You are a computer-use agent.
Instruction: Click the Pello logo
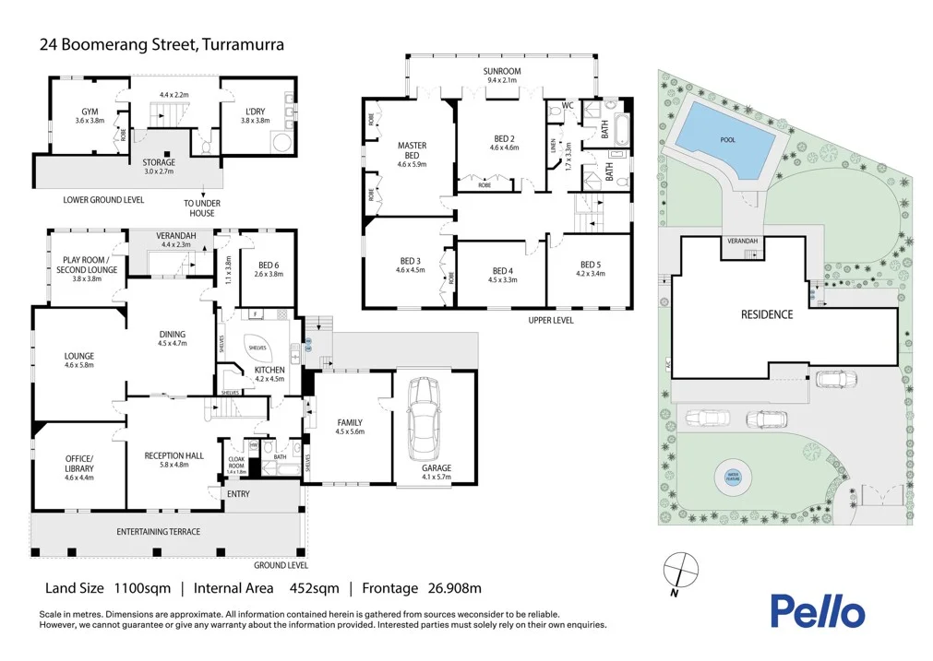coord(818,611)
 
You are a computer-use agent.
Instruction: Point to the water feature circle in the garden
coord(733,478)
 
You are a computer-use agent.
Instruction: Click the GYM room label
coord(90,112)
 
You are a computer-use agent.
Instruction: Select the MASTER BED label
coord(412,150)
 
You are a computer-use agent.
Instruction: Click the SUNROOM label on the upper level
coord(502,71)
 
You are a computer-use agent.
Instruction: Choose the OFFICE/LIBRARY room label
coord(78,464)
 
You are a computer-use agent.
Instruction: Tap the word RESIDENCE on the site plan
coord(767,314)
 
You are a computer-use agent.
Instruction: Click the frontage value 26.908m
coord(448,588)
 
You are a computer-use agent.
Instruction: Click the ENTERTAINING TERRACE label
coord(158,532)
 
